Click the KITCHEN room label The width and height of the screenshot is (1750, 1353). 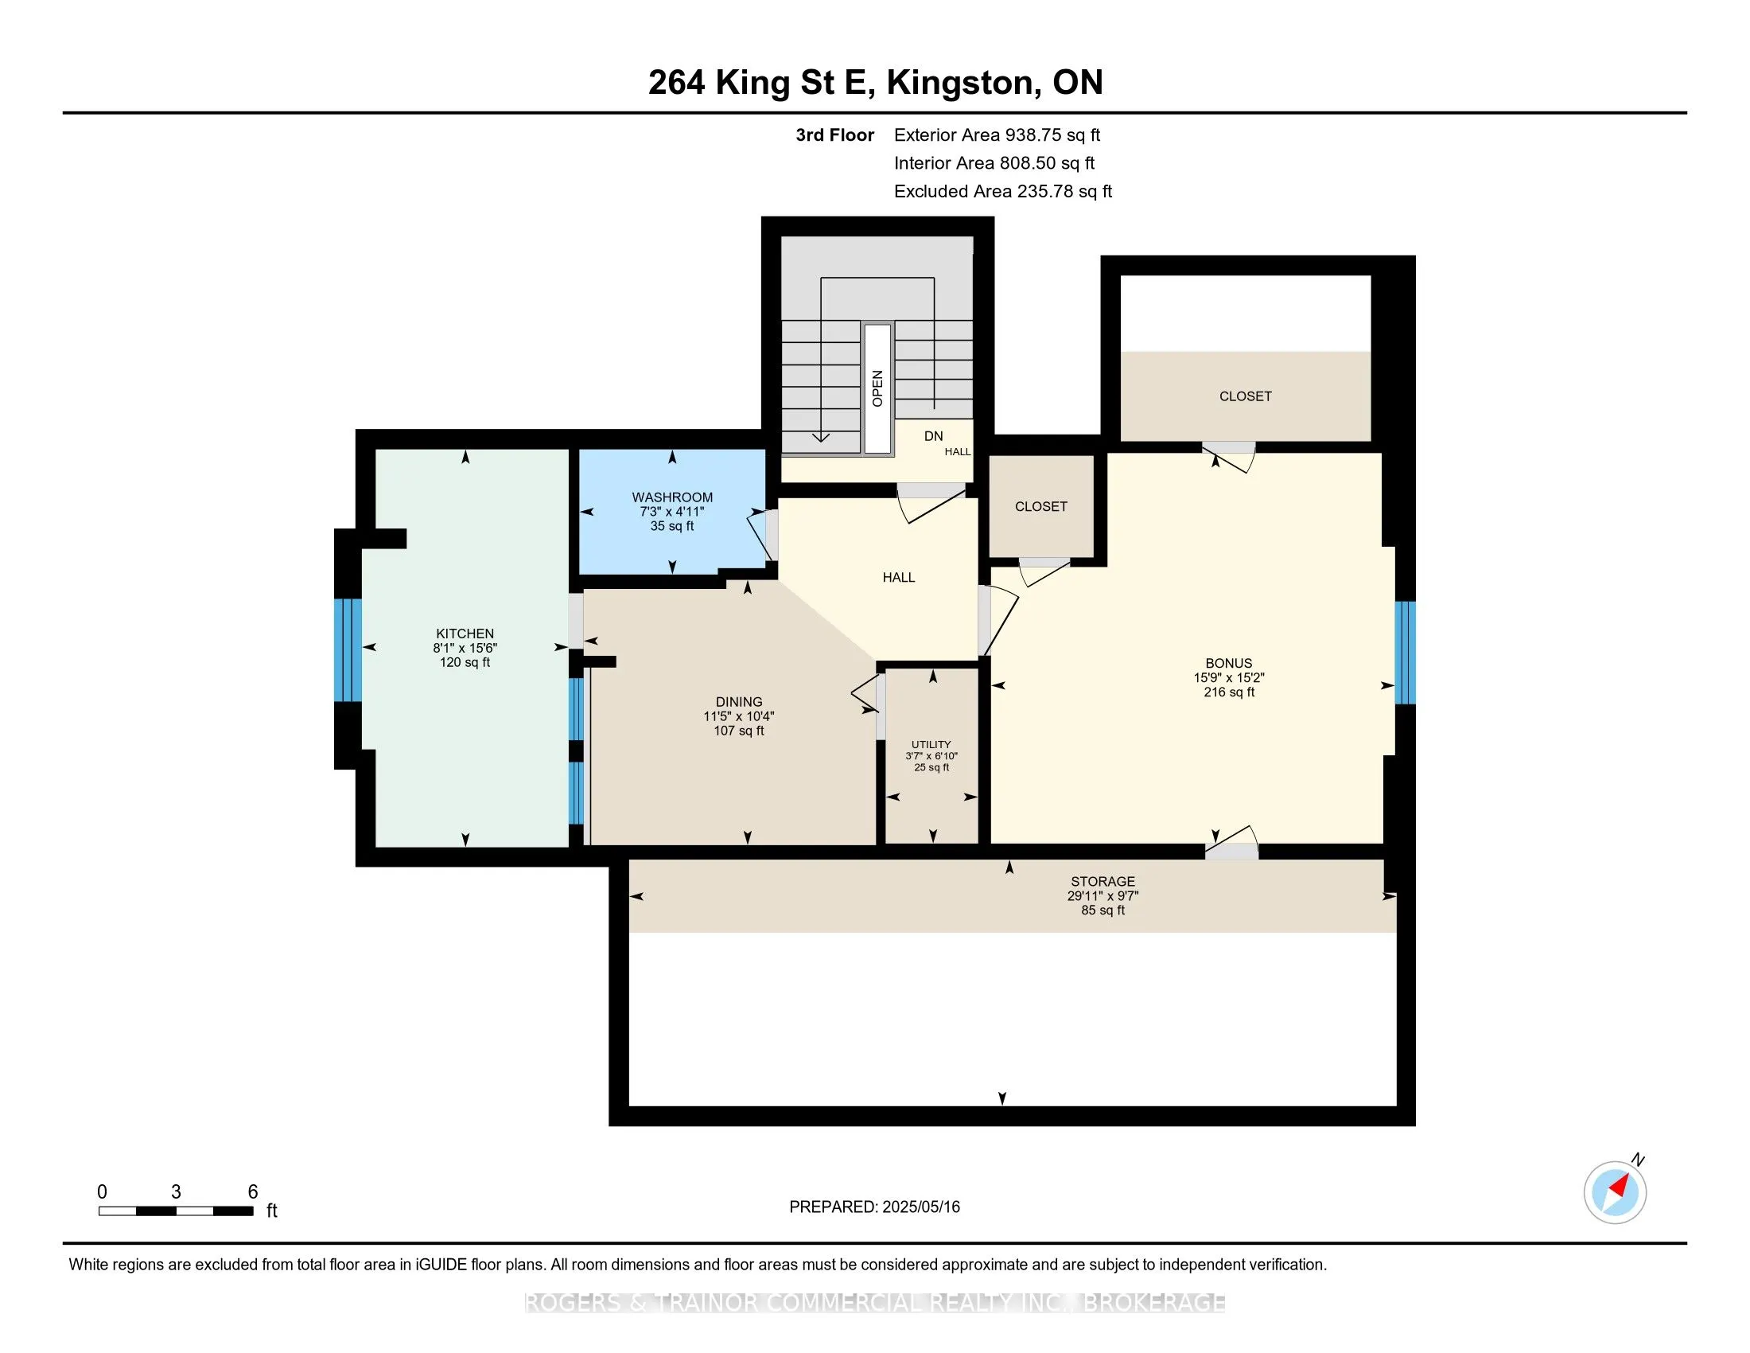(465, 634)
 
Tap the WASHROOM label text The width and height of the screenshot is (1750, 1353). (672, 497)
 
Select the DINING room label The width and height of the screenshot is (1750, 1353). (739, 701)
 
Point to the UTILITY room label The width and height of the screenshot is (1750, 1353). (931, 744)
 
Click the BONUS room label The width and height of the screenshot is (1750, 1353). (1228, 663)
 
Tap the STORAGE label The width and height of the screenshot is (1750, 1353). (1102, 881)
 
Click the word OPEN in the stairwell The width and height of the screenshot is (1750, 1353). (877, 388)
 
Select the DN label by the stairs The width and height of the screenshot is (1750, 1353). (934, 436)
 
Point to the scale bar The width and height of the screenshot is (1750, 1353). (177, 1211)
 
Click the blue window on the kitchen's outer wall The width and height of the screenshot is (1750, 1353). (348, 650)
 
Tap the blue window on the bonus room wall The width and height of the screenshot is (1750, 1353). (1405, 653)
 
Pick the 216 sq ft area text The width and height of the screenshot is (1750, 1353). (1228, 692)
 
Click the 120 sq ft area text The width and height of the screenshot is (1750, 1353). (465, 662)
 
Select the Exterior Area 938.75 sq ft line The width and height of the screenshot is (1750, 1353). (997, 135)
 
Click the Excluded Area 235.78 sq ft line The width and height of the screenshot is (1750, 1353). (1003, 191)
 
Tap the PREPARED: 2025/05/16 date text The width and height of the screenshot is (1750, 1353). (874, 1207)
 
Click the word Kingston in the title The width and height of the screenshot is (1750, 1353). (960, 83)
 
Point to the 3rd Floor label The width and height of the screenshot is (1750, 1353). (834, 135)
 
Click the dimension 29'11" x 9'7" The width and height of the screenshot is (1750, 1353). (1102, 896)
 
